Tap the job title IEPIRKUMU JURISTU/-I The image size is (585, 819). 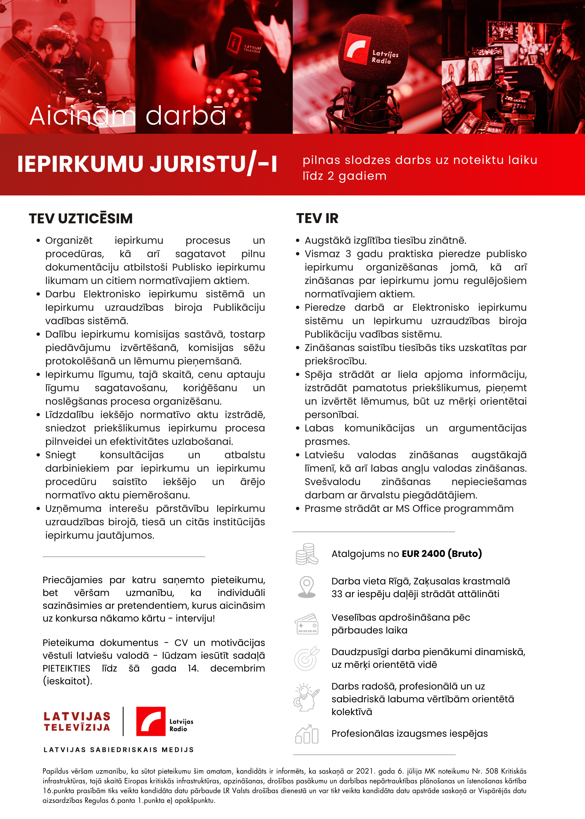click(x=147, y=164)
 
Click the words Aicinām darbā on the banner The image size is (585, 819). click(x=128, y=116)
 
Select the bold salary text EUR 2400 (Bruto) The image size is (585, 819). click(x=441, y=554)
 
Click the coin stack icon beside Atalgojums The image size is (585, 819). click(x=307, y=554)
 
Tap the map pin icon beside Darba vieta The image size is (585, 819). click(x=307, y=587)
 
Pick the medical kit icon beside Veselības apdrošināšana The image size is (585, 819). click(x=307, y=624)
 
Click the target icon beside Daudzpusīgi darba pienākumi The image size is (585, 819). click(x=307, y=658)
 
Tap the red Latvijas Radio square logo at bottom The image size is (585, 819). click(x=151, y=721)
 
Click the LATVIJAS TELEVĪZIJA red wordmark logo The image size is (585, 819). click(x=77, y=722)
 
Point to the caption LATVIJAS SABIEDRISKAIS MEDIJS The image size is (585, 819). click(x=119, y=750)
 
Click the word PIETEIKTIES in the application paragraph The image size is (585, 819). click(x=66, y=668)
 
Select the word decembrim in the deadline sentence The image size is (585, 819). click(x=237, y=668)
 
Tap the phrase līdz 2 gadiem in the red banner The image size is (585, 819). click(x=344, y=176)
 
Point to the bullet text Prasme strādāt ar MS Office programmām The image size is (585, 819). click(x=409, y=509)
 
